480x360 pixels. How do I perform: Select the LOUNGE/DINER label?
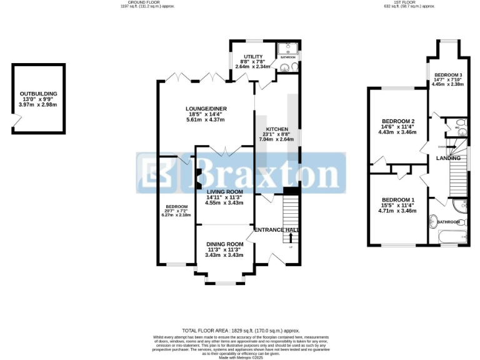click(207, 109)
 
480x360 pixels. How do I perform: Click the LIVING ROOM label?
click(224, 192)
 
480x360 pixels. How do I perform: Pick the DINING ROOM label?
click(224, 244)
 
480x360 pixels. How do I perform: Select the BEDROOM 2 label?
click(397, 121)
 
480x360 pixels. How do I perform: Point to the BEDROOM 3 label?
click(447, 74)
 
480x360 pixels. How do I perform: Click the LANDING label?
click(448, 158)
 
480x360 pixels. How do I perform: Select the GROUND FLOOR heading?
click(144, 2)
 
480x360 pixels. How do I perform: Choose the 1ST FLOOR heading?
click(409, 2)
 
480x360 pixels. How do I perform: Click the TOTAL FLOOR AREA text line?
click(241, 330)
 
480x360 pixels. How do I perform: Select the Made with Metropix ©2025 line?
click(241, 356)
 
